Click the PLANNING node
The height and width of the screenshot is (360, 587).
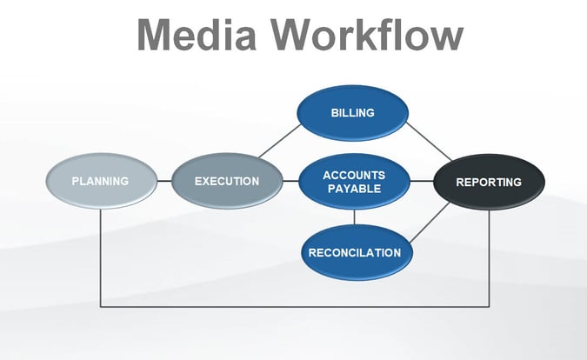[x=100, y=181]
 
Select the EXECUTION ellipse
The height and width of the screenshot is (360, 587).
[x=227, y=181]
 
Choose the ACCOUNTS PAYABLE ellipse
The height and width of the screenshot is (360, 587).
[x=353, y=181]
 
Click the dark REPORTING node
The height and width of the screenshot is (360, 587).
[x=489, y=182]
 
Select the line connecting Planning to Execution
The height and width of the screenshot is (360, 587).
[x=163, y=181]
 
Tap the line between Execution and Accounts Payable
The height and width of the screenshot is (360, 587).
[x=290, y=181]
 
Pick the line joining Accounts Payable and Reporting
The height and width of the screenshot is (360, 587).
[x=421, y=181]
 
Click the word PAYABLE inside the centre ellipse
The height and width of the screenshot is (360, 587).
[x=353, y=189]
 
